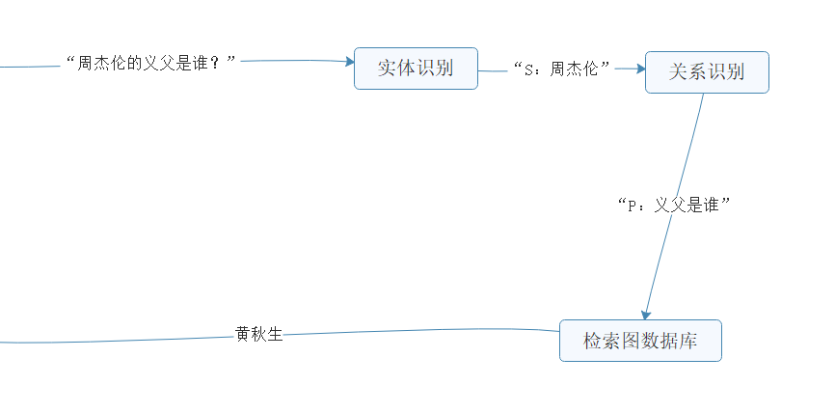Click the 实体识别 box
tap(416, 69)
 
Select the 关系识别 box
tap(707, 72)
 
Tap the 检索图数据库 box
tap(640, 341)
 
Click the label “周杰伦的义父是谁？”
tap(150, 63)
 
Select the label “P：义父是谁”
tap(674, 205)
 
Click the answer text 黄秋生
tap(259, 335)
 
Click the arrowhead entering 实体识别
tap(350, 62)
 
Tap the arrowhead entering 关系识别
tap(640, 69)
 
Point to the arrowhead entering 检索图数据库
tap(645, 314)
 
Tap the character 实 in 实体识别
tap(387, 69)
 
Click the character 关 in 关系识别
tap(679, 72)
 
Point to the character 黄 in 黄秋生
tap(243, 335)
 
